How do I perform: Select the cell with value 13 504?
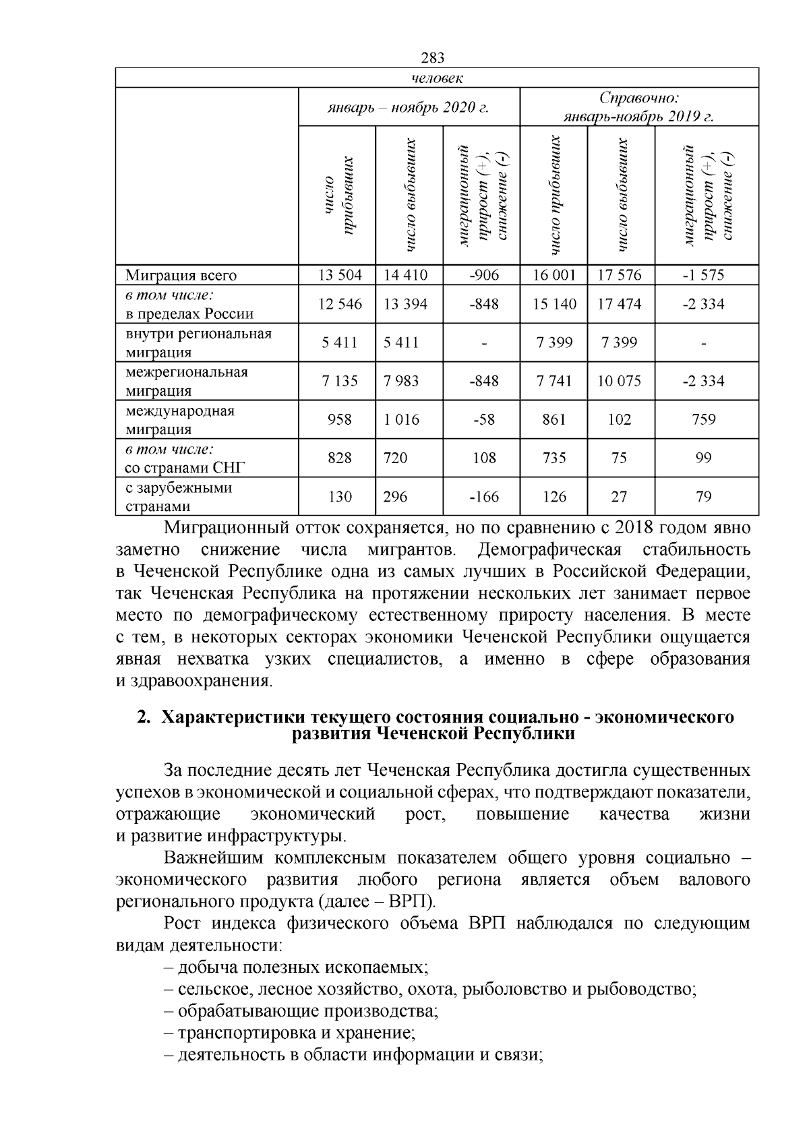pyautogui.click(x=340, y=275)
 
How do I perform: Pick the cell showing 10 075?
pyautogui.click(x=619, y=381)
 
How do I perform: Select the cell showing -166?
pyautogui.click(x=483, y=497)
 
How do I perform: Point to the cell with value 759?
pyautogui.click(x=703, y=419)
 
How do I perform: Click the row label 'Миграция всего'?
pyautogui.click(x=181, y=276)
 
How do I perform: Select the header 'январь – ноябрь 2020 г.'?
pyautogui.click(x=409, y=107)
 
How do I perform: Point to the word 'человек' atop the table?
pyautogui.click(x=436, y=78)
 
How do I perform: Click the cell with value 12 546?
pyautogui.click(x=340, y=304)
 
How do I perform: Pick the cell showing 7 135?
pyautogui.click(x=340, y=381)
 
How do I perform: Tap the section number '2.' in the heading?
pyautogui.click(x=142, y=717)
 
